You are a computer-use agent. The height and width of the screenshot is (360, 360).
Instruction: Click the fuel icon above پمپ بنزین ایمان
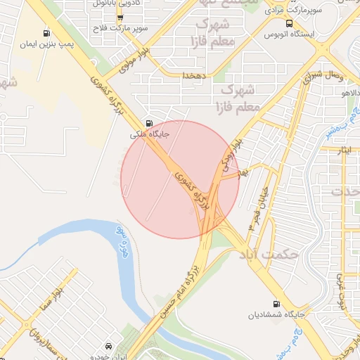[46, 33]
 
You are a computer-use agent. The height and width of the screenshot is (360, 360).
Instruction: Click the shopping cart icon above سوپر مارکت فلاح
[120, 18]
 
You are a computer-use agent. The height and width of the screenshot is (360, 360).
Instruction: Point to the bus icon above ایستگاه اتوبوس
[289, 22]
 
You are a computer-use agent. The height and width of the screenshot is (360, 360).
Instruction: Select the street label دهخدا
[193, 75]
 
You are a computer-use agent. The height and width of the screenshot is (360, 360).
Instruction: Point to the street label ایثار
[351, 150]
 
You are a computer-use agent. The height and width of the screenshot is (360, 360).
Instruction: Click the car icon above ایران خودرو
[109, 347]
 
